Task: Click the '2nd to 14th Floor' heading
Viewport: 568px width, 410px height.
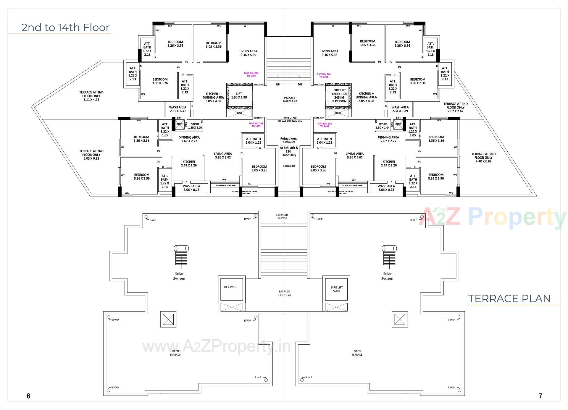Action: [x=65, y=27]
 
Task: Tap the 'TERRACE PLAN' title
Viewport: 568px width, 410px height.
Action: [x=509, y=299]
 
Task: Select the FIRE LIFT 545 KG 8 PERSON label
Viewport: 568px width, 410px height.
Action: [x=339, y=96]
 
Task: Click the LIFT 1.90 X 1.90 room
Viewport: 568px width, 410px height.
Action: [x=239, y=96]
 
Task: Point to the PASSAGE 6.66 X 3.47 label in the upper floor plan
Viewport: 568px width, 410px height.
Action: [x=290, y=100]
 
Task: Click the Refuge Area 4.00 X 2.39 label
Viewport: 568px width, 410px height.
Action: [x=289, y=140]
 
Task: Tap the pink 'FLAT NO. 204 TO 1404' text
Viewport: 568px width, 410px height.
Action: [x=251, y=74]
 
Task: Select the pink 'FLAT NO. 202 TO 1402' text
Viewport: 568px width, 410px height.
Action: [x=324, y=125]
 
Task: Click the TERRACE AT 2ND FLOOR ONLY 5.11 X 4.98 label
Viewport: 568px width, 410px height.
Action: [x=91, y=96]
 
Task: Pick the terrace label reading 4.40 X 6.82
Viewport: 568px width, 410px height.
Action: [x=483, y=158]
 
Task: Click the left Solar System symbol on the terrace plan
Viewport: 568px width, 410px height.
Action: [x=181, y=255]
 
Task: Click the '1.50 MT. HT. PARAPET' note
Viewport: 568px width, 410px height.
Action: [x=282, y=216]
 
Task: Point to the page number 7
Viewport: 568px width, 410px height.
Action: [x=540, y=396]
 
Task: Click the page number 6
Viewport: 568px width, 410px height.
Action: [x=28, y=396]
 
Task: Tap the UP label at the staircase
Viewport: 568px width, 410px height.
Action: [x=278, y=85]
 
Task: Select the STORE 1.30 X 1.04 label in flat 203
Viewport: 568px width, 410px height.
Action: [x=195, y=126]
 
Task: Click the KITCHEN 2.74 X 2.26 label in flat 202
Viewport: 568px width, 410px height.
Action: [x=389, y=163]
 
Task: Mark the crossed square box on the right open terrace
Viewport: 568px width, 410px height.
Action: [x=399, y=319]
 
